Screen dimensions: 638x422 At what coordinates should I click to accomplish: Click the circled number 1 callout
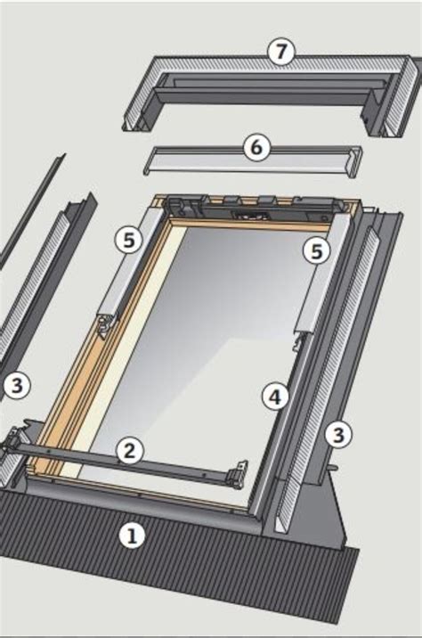point(132,535)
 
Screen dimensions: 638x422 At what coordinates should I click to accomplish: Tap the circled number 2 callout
point(130,451)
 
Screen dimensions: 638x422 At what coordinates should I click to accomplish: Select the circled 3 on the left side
point(14,386)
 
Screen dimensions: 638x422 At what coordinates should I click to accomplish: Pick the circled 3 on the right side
point(337,434)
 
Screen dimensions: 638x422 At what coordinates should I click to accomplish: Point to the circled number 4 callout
point(275,397)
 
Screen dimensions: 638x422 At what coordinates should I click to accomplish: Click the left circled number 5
point(128,239)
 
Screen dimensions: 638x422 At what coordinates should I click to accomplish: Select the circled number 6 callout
point(256,148)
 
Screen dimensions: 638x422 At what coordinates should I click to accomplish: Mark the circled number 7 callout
point(281,52)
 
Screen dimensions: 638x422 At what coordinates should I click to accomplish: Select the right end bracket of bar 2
point(238,475)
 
